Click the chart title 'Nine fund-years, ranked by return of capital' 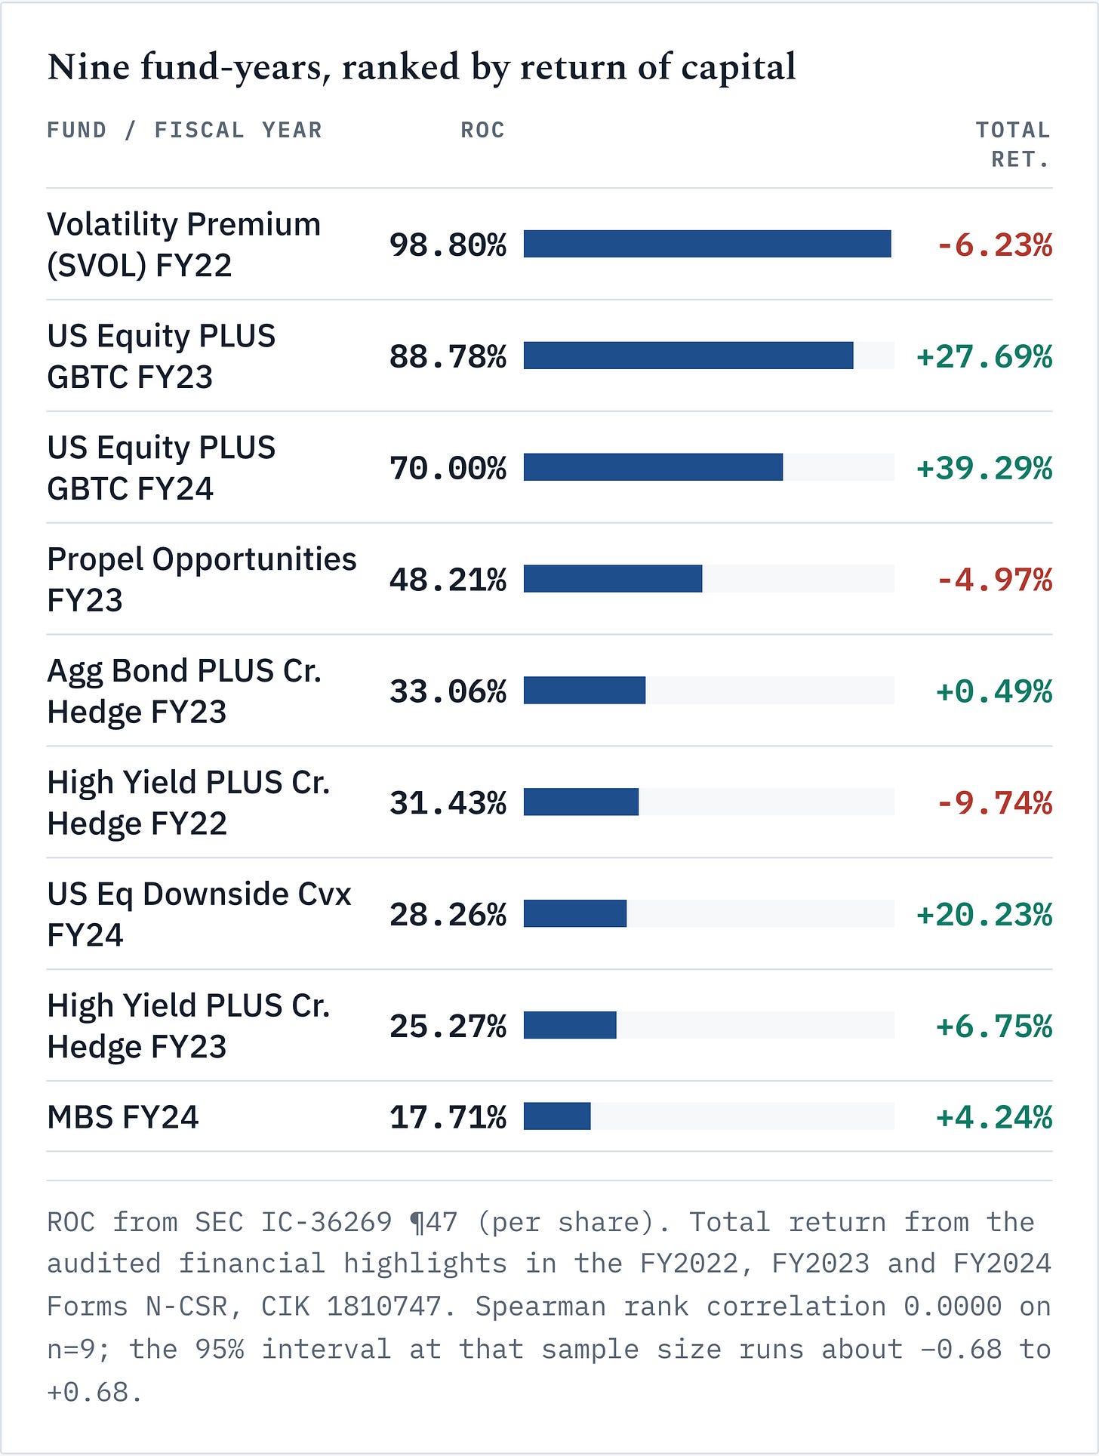click(x=421, y=68)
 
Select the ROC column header click(x=482, y=131)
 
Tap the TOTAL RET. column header click(x=1013, y=145)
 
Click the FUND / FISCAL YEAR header click(x=184, y=131)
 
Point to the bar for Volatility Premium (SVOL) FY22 click(x=707, y=244)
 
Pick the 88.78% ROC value click(x=448, y=356)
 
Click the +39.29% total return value click(x=984, y=468)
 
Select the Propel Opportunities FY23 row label click(x=202, y=580)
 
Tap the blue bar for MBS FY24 click(x=557, y=1116)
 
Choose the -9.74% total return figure click(x=994, y=803)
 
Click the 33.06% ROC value click(x=448, y=691)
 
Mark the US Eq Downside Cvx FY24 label click(x=199, y=914)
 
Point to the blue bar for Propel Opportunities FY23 click(x=613, y=579)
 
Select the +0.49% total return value click(x=994, y=691)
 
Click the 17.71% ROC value click(x=448, y=1117)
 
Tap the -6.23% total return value click(x=994, y=245)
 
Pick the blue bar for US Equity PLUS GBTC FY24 click(x=654, y=467)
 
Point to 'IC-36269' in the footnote click(x=326, y=1222)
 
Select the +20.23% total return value click(x=984, y=915)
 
